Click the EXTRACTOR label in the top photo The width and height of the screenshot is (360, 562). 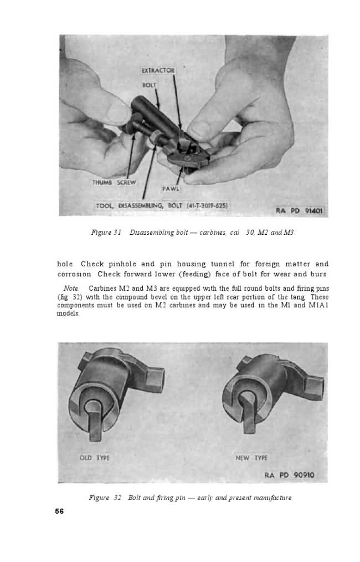click(x=158, y=70)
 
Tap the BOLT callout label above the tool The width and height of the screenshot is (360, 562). click(x=150, y=85)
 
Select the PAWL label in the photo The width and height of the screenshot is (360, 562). click(x=168, y=189)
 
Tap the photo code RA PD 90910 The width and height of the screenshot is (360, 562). click(x=290, y=475)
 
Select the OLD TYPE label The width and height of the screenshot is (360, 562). click(x=94, y=458)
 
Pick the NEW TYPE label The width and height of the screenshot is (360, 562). click(x=251, y=458)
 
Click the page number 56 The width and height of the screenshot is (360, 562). click(x=59, y=511)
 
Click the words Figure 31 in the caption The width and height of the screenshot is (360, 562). click(x=106, y=233)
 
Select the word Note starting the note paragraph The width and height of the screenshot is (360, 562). click(x=71, y=288)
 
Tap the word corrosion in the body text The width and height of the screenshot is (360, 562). click(x=74, y=274)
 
